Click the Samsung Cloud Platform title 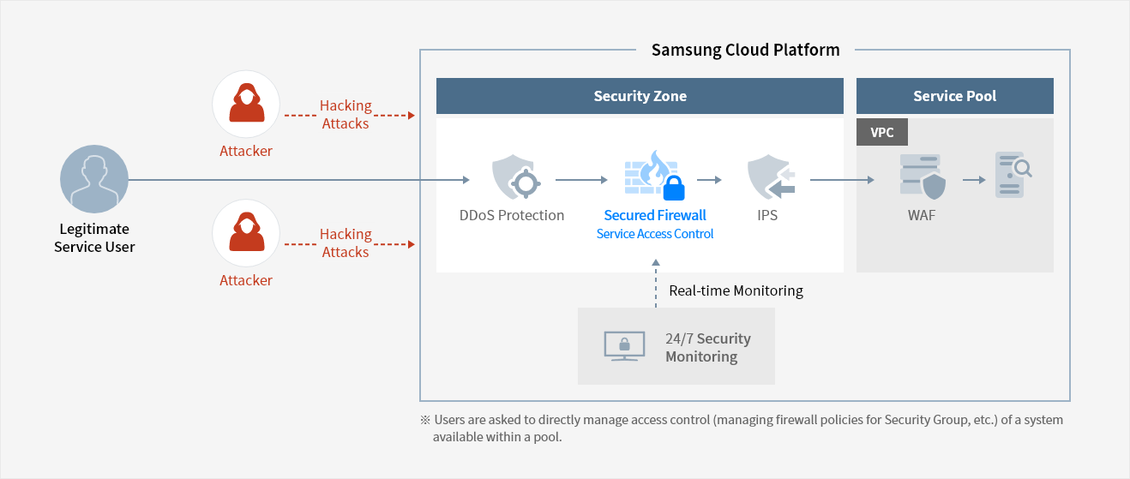coord(745,50)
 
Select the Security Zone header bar coord(640,96)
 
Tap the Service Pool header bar coord(954,96)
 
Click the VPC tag coord(882,132)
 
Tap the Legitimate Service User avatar coord(94,179)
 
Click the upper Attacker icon coord(246,105)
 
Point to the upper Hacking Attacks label coord(346,115)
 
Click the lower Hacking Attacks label coord(346,243)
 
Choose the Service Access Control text coord(655,234)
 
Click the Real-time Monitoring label coord(736,290)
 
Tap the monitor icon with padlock coord(624,346)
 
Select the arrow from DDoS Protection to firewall coord(582,180)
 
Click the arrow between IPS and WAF coord(842,180)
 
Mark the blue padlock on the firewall coord(675,189)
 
